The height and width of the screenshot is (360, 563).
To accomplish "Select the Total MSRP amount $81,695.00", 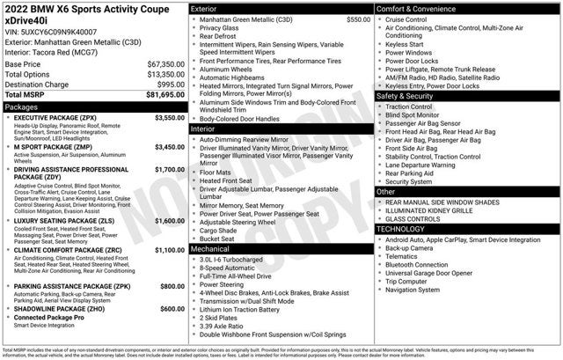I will click(159, 94).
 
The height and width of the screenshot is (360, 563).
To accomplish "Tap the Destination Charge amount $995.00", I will click(166, 84).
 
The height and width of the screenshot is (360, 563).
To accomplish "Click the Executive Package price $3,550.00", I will click(170, 117).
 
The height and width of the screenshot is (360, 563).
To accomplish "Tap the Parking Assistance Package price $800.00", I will click(172, 286).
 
